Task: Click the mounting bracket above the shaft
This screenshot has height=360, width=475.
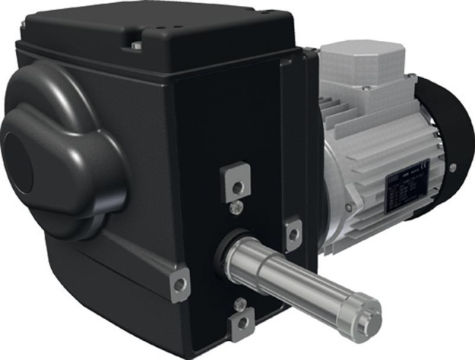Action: [x=236, y=178]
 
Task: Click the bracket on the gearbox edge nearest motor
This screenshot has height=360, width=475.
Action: [x=294, y=231]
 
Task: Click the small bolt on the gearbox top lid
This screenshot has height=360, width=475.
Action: [x=136, y=45]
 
